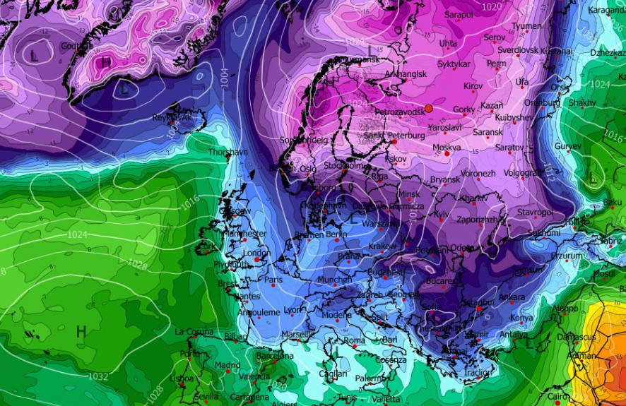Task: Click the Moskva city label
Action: click(446, 148)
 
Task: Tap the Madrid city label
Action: click(228, 365)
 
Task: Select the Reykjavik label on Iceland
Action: click(172, 117)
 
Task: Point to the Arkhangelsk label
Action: click(406, 73)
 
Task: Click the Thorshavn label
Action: click(228, 152)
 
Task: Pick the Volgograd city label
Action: click(522, 173)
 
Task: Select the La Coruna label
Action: click(194, 332)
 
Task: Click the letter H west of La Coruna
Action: click(81, 330)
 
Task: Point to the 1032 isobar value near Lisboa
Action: click(98, 376)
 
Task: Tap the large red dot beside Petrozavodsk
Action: click(429, 109)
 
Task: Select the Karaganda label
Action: click(607, 11)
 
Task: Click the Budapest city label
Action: click(385, 272)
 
